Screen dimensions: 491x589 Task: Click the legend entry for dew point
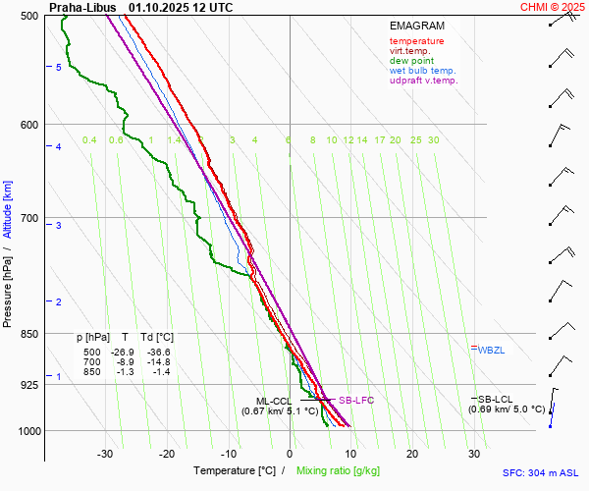(410, 61)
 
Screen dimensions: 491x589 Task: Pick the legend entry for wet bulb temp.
(422, 71)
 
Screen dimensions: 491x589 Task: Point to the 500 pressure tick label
(29, 16)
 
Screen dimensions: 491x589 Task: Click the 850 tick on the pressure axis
(29, 334)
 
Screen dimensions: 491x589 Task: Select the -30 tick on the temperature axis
(105, 454)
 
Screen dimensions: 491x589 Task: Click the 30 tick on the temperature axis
(474, 454)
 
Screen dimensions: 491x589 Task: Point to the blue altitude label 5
(59, 67)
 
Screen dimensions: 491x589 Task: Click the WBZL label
(492, 350)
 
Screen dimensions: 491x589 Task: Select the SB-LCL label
(496, 399)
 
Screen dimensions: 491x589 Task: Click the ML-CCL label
(274, 401)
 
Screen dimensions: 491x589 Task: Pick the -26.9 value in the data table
(122, 352)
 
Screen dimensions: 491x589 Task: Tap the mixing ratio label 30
(433, 140)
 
